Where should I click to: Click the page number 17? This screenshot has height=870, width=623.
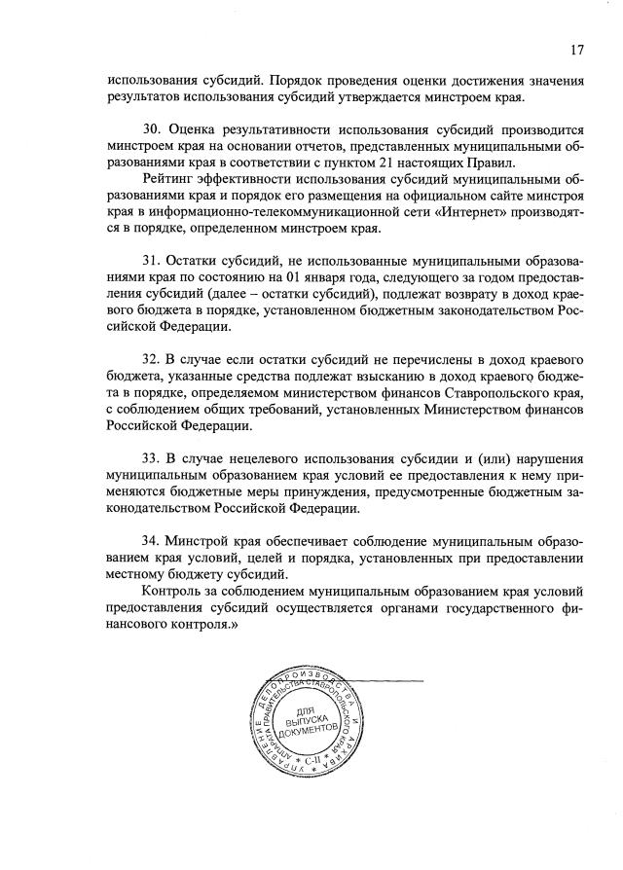577,49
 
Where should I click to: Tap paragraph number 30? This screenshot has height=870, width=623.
152,129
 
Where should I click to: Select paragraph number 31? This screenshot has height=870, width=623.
152,262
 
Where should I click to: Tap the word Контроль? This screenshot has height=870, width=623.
174,592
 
